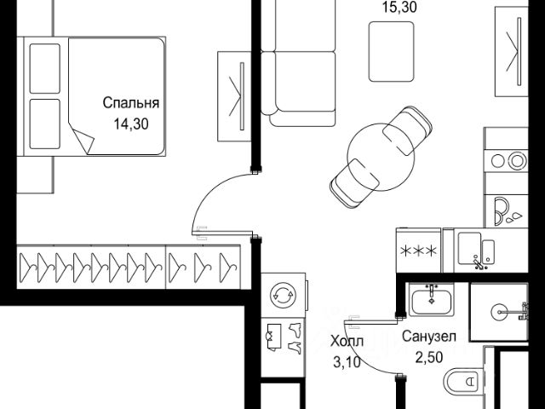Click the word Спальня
131,104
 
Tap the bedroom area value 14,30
131,122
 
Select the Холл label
346,343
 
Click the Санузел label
430,337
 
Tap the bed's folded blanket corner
83,137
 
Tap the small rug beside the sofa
391,52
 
